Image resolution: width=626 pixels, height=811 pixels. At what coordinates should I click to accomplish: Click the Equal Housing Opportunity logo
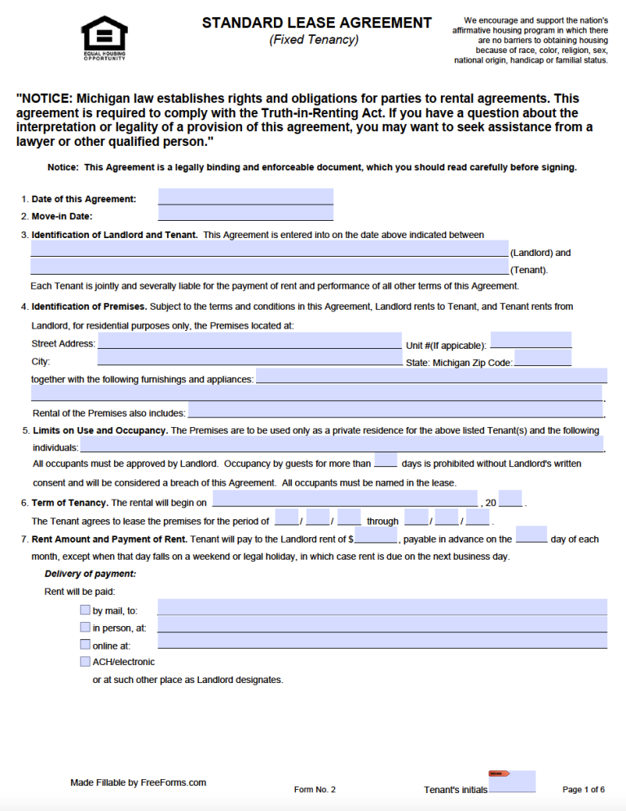104,37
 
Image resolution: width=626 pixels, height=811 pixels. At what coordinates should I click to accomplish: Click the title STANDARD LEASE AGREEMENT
317,23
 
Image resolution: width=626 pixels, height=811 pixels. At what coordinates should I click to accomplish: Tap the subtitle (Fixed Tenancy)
314,40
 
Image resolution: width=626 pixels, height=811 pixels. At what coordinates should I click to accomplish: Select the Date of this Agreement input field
245,197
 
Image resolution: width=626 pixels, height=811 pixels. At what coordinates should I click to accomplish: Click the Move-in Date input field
245,214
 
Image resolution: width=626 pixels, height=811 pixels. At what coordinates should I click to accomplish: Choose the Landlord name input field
269,249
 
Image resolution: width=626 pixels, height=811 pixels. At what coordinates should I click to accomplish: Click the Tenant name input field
269,267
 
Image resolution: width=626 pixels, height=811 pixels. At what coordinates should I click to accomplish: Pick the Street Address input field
249,342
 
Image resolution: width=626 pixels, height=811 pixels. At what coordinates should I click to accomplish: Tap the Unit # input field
531,340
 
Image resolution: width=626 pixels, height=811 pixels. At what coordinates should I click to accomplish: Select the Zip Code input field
543,359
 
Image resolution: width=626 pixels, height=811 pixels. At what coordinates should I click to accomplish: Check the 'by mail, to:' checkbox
86,610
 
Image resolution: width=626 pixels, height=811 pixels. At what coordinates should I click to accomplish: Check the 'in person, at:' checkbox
86,628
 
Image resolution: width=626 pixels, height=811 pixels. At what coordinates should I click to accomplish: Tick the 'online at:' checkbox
86,645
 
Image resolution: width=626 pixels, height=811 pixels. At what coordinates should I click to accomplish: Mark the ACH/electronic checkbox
86,662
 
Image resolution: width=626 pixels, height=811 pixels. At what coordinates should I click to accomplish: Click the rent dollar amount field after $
376,536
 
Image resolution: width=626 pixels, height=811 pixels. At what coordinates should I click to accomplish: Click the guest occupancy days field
386,461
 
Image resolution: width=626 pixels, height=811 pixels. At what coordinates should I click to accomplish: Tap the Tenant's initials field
512,782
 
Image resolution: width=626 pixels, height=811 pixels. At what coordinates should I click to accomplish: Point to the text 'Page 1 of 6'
584,790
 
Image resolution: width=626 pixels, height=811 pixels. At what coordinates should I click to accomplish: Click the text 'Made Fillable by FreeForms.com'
138,782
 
